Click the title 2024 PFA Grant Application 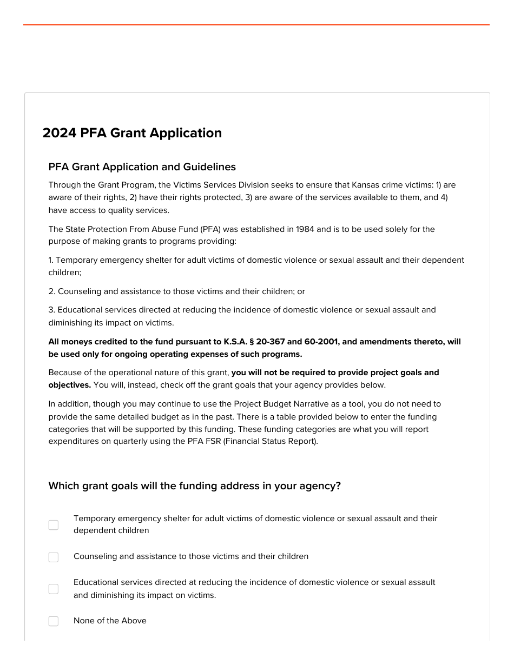132,133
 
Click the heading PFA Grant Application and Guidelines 142,167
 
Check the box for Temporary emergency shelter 54,525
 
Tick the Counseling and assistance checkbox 54,557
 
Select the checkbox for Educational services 54,589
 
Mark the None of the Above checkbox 54,621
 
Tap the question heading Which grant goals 194,486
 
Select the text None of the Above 110,621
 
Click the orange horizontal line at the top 256,24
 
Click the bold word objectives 69,385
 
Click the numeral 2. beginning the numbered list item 52,291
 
